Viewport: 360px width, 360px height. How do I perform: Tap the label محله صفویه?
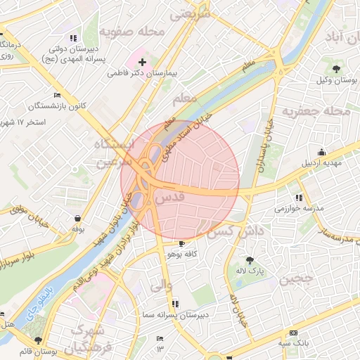(x=131, y=32)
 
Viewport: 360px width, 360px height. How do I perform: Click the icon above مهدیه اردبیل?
(x=322, y=153)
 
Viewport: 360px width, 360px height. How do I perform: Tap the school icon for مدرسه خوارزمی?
(x=299, y=198)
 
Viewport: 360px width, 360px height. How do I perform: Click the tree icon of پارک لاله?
(x=250, y=259)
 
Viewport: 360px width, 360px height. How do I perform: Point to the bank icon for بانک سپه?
(x=293, y=333)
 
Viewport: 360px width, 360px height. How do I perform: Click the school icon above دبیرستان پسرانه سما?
(x=175, y=304)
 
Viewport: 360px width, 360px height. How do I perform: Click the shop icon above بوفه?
(x=77, y=217)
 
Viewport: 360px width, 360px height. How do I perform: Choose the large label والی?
(x=160, y=286)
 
